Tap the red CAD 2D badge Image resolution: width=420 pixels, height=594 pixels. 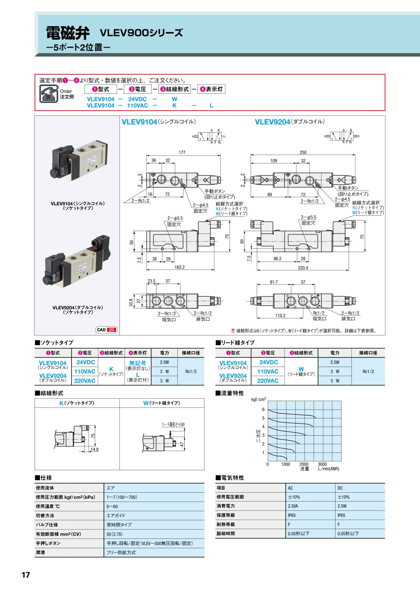(x=107, y=330)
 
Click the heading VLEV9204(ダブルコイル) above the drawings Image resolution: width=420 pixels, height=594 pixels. (x=290, y=122)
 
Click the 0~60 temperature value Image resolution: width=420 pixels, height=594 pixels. (x=112, y=506)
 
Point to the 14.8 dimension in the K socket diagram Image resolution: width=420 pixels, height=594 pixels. (x=95, y=449)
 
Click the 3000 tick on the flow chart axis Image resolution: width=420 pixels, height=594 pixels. (x=322, y=464)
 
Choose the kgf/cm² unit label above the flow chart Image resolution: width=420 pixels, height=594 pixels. (x=259, y=399)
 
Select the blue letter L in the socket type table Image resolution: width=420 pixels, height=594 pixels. (x=138, y=375)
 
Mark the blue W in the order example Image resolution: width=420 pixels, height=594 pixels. (x=175, y=99)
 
